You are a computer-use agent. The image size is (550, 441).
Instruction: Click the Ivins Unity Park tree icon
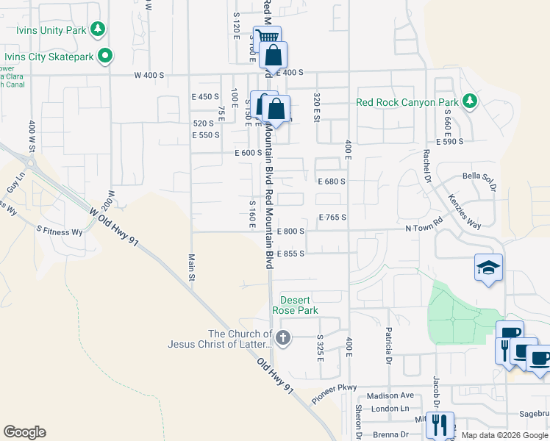(x=97, y=29)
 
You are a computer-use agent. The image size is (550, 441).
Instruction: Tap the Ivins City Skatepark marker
(x=105, y=55)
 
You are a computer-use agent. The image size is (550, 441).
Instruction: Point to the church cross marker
(x=283, y=338)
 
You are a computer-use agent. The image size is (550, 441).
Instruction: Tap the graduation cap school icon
(x=488, y=268)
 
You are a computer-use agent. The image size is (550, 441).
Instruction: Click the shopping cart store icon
(x=267, y=37)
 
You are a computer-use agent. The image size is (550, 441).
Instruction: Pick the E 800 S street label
(x=290, y=231)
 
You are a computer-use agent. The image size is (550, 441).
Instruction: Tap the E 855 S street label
(x=290, y=253)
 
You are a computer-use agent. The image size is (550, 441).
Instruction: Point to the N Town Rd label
(x=426, y=229)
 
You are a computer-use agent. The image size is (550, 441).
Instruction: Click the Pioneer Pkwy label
(x=333, y=393)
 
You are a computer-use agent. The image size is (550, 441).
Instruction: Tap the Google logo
(x=24, y=432)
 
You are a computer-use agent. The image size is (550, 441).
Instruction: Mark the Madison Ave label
(x=386, y=395)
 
